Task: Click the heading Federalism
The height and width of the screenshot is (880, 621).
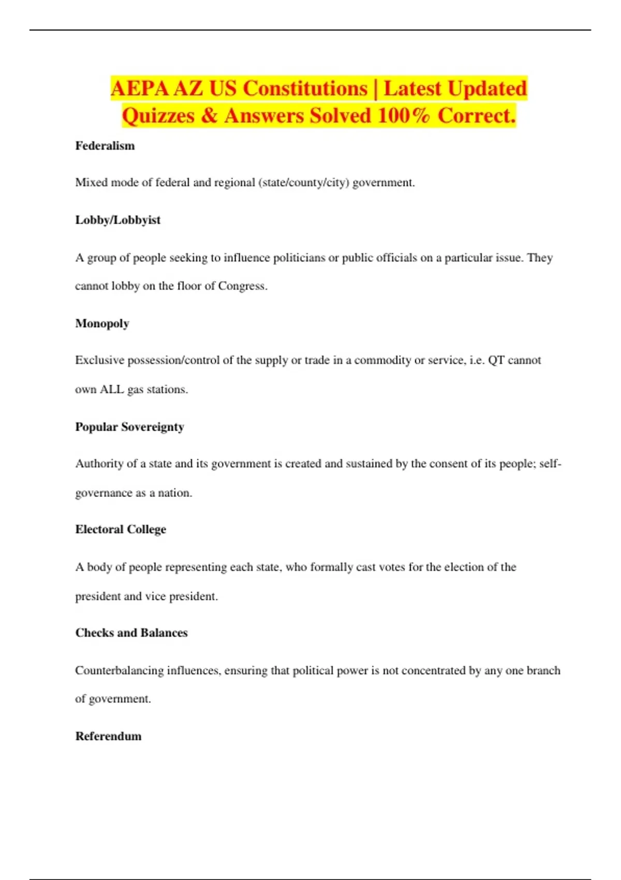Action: tap(105, 146)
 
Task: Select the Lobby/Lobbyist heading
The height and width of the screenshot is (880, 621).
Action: tap(117, 220)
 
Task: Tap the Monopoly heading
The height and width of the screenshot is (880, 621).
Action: tap(102, 324)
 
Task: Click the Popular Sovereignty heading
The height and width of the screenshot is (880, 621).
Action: tap(129, 427)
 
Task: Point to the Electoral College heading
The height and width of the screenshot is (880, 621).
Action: tap(121, 530)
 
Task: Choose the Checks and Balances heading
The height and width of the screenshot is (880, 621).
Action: tap(131, 633)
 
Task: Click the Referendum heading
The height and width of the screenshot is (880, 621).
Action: tap(108, 736)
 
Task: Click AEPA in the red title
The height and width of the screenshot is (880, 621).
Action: tap(139, 89)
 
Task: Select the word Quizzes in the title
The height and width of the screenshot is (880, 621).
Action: tap(158, 115)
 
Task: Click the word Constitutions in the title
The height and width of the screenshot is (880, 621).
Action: tap(305, 89)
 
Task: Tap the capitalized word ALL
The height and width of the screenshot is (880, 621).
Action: tap(111, 389)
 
